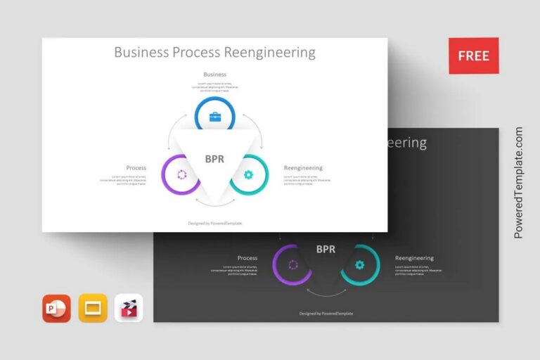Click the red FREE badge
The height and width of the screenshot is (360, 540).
point(474,56)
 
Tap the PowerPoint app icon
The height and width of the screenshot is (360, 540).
point(56,308)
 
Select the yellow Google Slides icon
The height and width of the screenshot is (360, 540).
point(92,308)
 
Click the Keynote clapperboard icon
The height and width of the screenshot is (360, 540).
point(129,308)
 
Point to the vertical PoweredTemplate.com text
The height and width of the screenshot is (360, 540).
point(519,183)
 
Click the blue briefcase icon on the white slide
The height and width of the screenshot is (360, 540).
point(214,117)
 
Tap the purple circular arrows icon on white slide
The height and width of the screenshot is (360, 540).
point(181,174)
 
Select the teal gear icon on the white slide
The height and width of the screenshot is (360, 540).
point(247,174)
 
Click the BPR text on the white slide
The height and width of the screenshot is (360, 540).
point(214,159)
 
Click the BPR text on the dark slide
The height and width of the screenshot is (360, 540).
point(326,249)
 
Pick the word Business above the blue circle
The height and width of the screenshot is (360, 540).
point(214,74)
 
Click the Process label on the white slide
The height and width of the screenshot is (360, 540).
point(136,168)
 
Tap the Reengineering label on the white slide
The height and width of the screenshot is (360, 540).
point(303,168)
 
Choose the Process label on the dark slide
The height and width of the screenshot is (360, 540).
point(247,258)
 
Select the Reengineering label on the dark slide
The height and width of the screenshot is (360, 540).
point(414,258)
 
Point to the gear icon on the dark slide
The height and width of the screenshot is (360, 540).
point(359,265)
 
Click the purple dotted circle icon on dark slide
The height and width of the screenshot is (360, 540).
point(292,265)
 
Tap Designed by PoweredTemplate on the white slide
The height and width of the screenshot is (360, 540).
point(214,223)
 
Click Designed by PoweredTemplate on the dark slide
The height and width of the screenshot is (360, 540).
point(326,314)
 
